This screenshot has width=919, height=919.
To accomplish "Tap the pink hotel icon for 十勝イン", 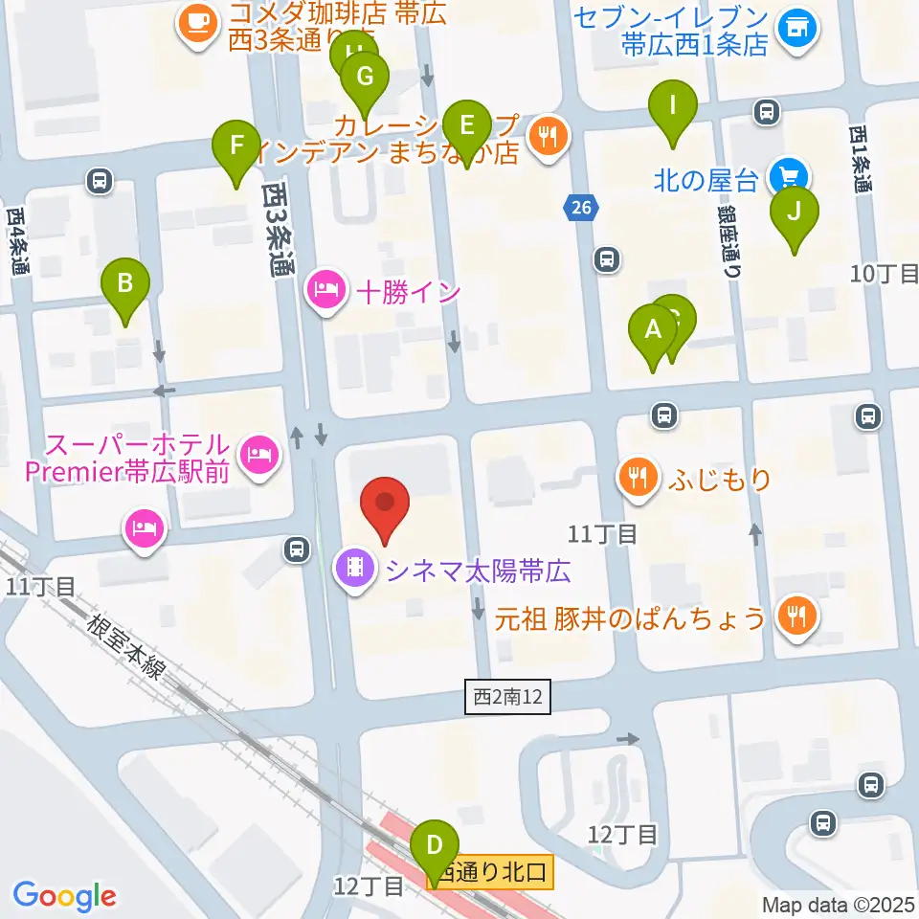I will tap(325, 291).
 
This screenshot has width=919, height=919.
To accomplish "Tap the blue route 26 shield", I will tap(582, 207).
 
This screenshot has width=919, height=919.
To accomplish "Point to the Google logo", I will tap(65, 896).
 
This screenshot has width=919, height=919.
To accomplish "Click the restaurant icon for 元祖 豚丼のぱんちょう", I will tap(796, 616).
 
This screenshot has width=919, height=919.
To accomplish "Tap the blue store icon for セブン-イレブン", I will tap(796, 29).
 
